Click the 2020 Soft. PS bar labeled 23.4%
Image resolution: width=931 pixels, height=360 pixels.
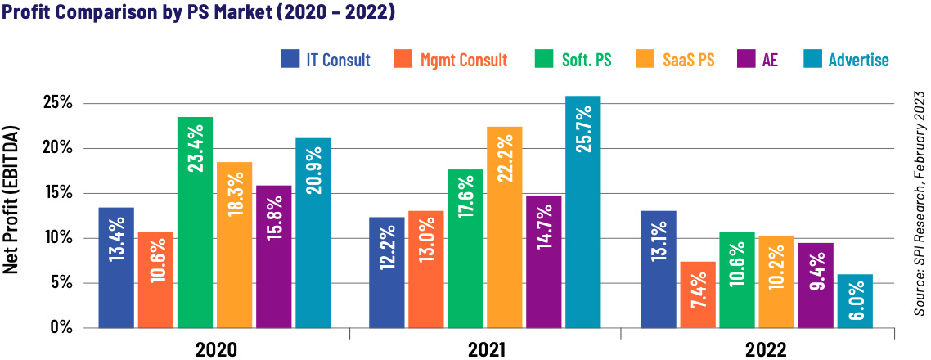coord(195,223)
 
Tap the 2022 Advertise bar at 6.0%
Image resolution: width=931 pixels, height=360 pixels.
coord(855,301)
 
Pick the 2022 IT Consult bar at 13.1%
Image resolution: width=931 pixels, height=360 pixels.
coord(659,269)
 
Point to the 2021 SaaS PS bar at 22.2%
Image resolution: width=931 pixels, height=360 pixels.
coord(505,227)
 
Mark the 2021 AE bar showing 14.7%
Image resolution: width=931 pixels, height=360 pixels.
coord(544,261)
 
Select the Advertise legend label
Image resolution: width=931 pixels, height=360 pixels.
coord(858,60)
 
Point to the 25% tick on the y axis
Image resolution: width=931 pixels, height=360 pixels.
coord(57,104)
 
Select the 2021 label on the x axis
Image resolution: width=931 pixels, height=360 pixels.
coord(486,349)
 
